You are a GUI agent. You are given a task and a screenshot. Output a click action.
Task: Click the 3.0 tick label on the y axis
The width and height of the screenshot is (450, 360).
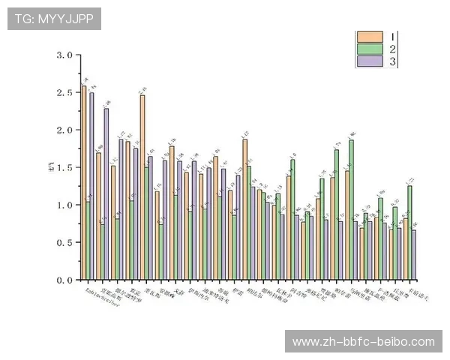64,55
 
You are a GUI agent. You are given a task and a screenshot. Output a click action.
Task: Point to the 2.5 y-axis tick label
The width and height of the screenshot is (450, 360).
64,93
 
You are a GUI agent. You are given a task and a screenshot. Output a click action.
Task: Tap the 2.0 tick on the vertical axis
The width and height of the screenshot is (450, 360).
64,130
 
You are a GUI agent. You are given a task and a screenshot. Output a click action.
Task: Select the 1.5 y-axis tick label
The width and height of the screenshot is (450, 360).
64,168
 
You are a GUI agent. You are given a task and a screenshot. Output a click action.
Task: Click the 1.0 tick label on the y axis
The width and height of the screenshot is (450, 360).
64,205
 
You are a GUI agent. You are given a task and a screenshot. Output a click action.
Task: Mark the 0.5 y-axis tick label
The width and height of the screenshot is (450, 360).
64,242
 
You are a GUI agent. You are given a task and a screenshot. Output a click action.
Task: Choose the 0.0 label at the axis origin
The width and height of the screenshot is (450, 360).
64,280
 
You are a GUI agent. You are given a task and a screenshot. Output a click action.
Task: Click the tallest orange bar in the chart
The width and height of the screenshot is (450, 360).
83,184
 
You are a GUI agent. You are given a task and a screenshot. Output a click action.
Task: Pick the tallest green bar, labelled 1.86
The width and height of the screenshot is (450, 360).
352,210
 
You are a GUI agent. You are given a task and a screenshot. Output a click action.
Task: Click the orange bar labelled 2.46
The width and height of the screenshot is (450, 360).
142,187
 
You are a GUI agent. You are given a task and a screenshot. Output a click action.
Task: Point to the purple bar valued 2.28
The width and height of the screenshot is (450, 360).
106,194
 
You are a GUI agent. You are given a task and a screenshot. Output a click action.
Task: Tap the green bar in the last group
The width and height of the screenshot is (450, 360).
409,232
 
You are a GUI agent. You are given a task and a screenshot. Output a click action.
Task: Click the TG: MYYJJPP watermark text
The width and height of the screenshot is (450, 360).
54,19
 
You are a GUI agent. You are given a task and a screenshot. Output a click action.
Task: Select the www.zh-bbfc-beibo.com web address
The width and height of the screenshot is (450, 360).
363,342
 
